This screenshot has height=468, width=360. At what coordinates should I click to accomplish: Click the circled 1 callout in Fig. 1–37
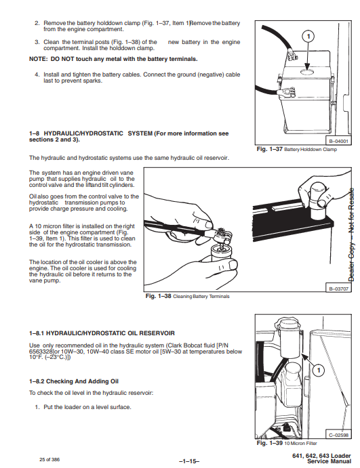tap(308, 37)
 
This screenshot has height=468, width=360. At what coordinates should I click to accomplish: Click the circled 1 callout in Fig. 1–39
tap(319, 370)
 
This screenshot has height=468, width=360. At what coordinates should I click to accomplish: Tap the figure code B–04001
tap(338, 141)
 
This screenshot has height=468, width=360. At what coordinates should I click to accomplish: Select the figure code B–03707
tap(338, 289)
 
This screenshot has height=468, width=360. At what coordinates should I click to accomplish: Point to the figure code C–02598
tap(338, 435)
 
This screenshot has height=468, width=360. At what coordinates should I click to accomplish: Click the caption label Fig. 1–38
tap(159, 296)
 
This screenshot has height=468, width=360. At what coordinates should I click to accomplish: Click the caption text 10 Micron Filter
tap(300, 443)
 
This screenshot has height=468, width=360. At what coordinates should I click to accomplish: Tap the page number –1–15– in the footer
tap(189, 461)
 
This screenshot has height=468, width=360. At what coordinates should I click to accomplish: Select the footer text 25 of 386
tap(49, 460)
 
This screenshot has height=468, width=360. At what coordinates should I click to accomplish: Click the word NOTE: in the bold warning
tap(38, 59)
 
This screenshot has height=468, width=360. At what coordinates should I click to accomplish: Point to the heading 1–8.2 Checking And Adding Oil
tap(74, 381)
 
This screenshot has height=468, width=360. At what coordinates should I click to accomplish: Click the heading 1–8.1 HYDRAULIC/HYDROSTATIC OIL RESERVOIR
tap(102, 333)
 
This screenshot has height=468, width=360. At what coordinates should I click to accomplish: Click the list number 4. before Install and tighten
tap(37, 75)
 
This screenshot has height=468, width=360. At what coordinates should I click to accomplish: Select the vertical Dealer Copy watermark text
tap(352, 234)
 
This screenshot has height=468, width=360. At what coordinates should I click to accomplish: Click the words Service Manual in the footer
tap(329, 461)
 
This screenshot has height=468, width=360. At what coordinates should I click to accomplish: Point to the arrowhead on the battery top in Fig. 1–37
tap(308, 66)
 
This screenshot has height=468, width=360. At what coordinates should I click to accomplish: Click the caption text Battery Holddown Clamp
tap(311, 150)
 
